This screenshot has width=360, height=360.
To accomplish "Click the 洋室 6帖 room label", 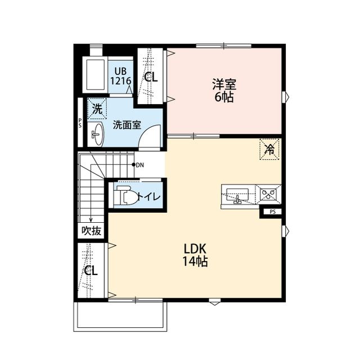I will pos(224,90).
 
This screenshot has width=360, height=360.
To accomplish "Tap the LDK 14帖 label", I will pos(195,254).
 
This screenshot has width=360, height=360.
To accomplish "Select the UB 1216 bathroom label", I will pos(120,75).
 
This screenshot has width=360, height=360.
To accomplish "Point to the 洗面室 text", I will pos(127,125).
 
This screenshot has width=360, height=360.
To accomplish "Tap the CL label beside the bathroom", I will pos(151,78).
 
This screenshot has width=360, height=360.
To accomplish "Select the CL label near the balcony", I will pos(91,271).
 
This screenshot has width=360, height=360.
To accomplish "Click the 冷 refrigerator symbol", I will pos(269,149).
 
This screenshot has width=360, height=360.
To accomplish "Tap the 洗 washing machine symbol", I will pos(97,110).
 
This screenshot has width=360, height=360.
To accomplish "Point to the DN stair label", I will pos(139,165).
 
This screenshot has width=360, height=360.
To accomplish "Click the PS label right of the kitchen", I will pos(272,212).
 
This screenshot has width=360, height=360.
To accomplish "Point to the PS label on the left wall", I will pos(80,123).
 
